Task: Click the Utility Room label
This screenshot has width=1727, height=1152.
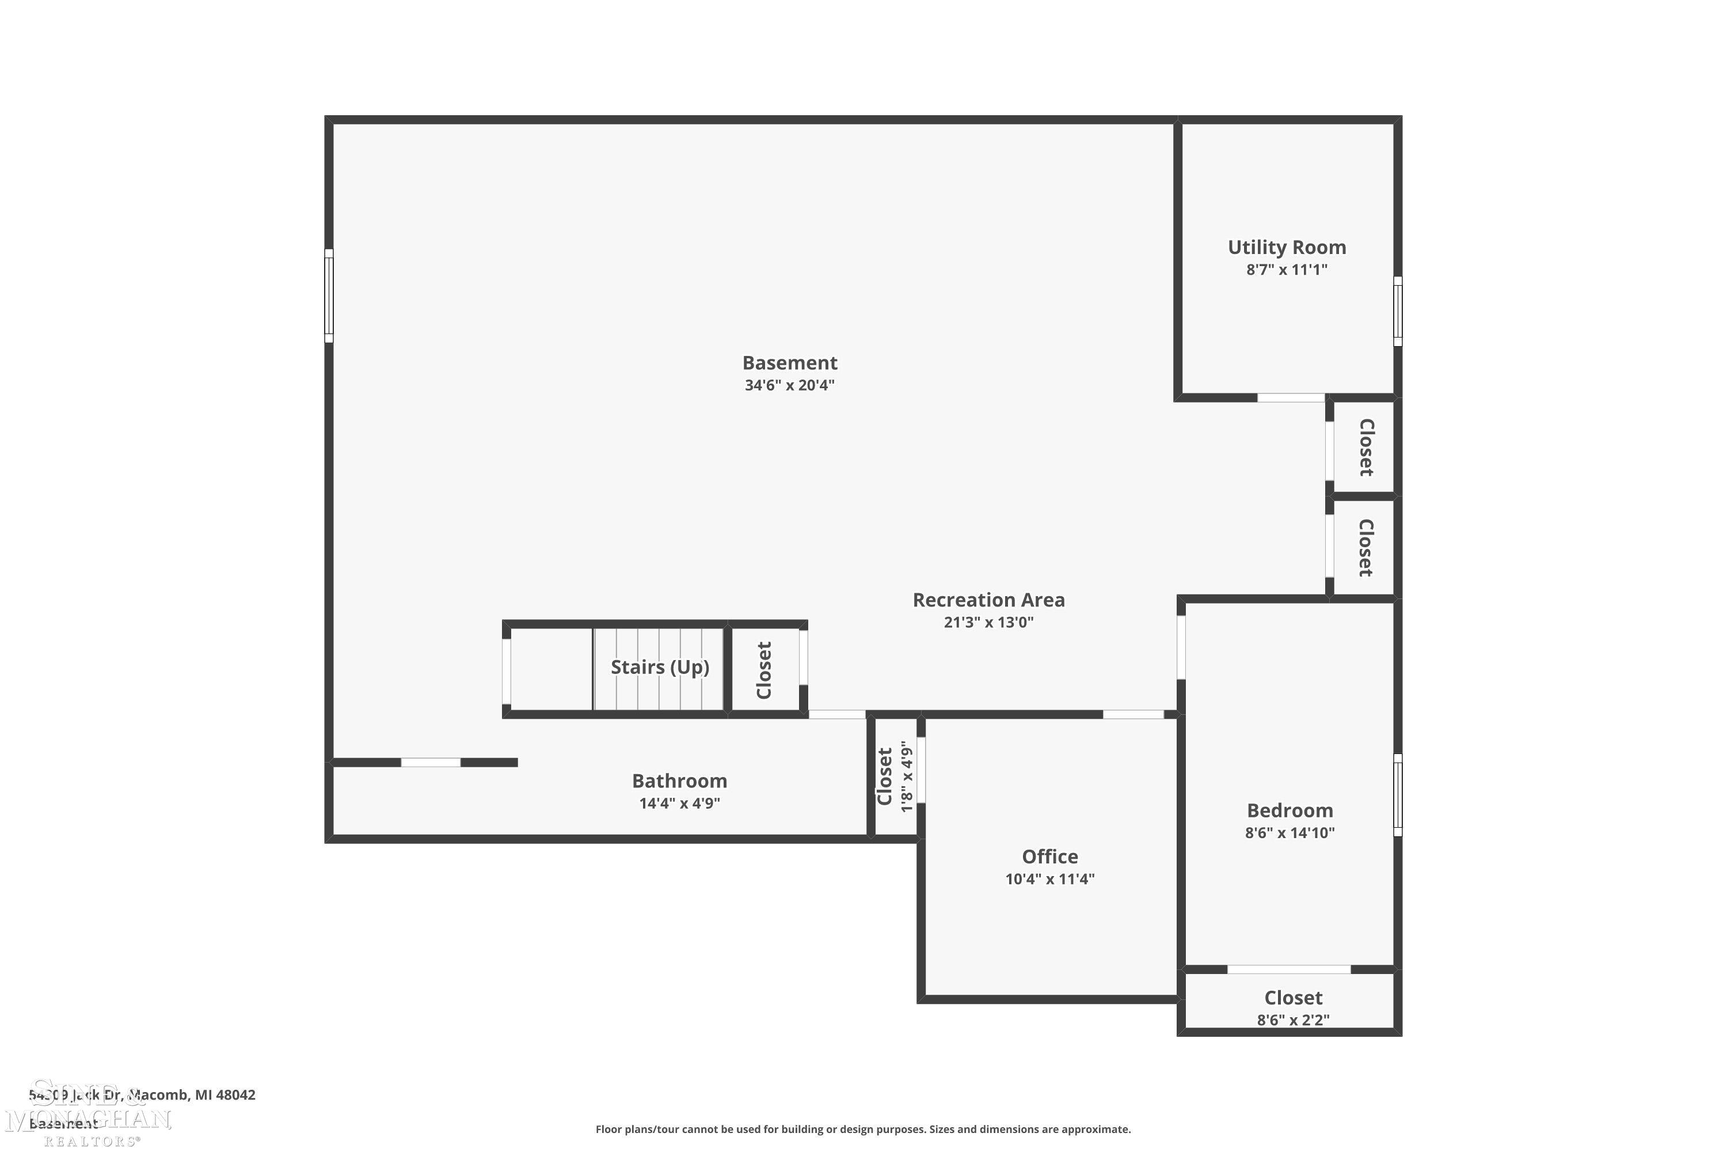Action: (x=1287, y=247)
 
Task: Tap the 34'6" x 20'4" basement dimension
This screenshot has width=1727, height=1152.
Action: (x=789, y=385)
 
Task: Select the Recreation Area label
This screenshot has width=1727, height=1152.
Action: (x=988, y=600)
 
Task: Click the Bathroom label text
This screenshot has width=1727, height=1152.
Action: (x=679, y=780)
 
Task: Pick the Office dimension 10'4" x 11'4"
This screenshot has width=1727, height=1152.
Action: (x=1049, y=879)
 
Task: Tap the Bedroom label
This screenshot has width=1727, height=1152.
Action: (x=1289, y=810)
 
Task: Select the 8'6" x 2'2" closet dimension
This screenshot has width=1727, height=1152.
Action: (x=1292, y=1020)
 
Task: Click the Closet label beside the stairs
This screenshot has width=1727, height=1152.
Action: (x=764, y=669)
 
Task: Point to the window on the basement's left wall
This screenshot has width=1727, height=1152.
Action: (x=329, y=295)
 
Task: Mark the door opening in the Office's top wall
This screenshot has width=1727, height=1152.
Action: (x=1133, y=714)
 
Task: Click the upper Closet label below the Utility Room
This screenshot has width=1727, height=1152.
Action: (x=1365, y=447)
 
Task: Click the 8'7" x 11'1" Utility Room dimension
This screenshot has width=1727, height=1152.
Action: (x=1287, y=270)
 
